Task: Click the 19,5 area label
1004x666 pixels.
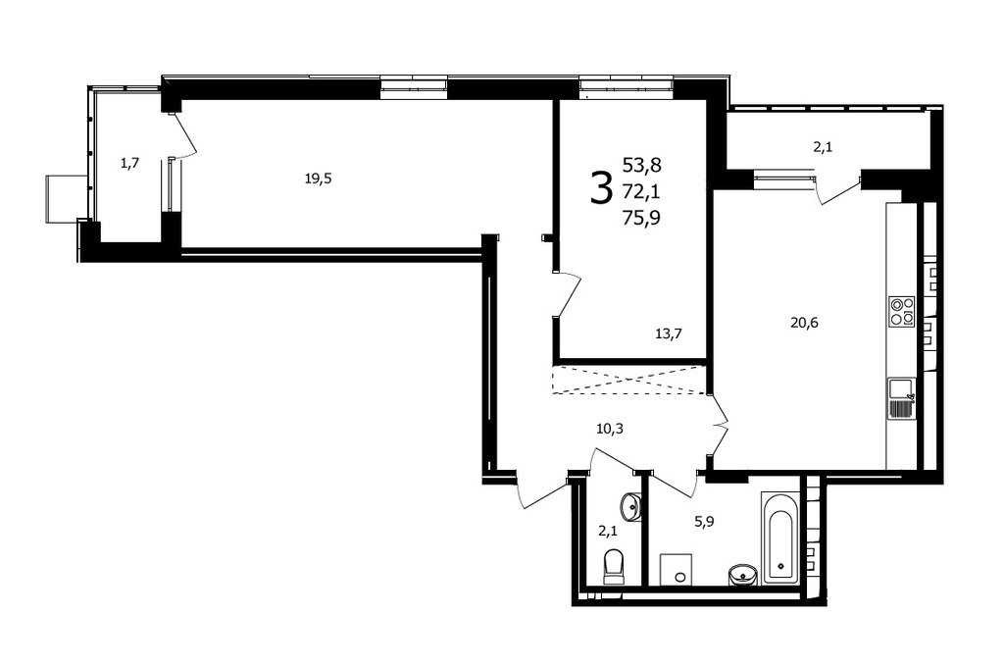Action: click(319, 179)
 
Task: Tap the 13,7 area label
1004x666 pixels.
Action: click(669, 333)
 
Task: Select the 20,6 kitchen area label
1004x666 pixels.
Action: click(804, 323)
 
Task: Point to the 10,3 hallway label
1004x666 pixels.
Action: click(610, 429)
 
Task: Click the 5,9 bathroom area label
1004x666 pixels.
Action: click(704, 521)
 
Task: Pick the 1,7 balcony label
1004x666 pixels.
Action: click(130, 164)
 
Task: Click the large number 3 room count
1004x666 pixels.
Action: click(601, 190)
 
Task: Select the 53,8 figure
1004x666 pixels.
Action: click(642, 165)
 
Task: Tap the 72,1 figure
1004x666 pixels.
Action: click(642, 191)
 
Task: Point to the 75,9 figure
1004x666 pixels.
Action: click(642, 219)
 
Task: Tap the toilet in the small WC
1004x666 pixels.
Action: click(614, 566)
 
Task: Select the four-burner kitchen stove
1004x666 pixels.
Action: click(902, 311)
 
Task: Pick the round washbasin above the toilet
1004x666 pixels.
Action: click(631, 506)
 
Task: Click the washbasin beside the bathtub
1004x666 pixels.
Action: click(743, 575)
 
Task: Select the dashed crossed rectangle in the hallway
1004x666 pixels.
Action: click(628, 380)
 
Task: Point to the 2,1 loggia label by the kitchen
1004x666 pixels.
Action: click(823, 147)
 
